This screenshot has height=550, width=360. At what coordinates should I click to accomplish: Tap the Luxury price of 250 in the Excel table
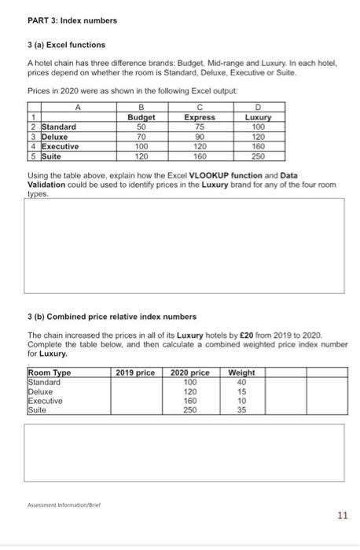coord(259,155)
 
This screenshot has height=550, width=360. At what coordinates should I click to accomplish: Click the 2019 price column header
coord(135,372)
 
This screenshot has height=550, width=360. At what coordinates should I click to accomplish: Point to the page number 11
coord(341,515)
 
